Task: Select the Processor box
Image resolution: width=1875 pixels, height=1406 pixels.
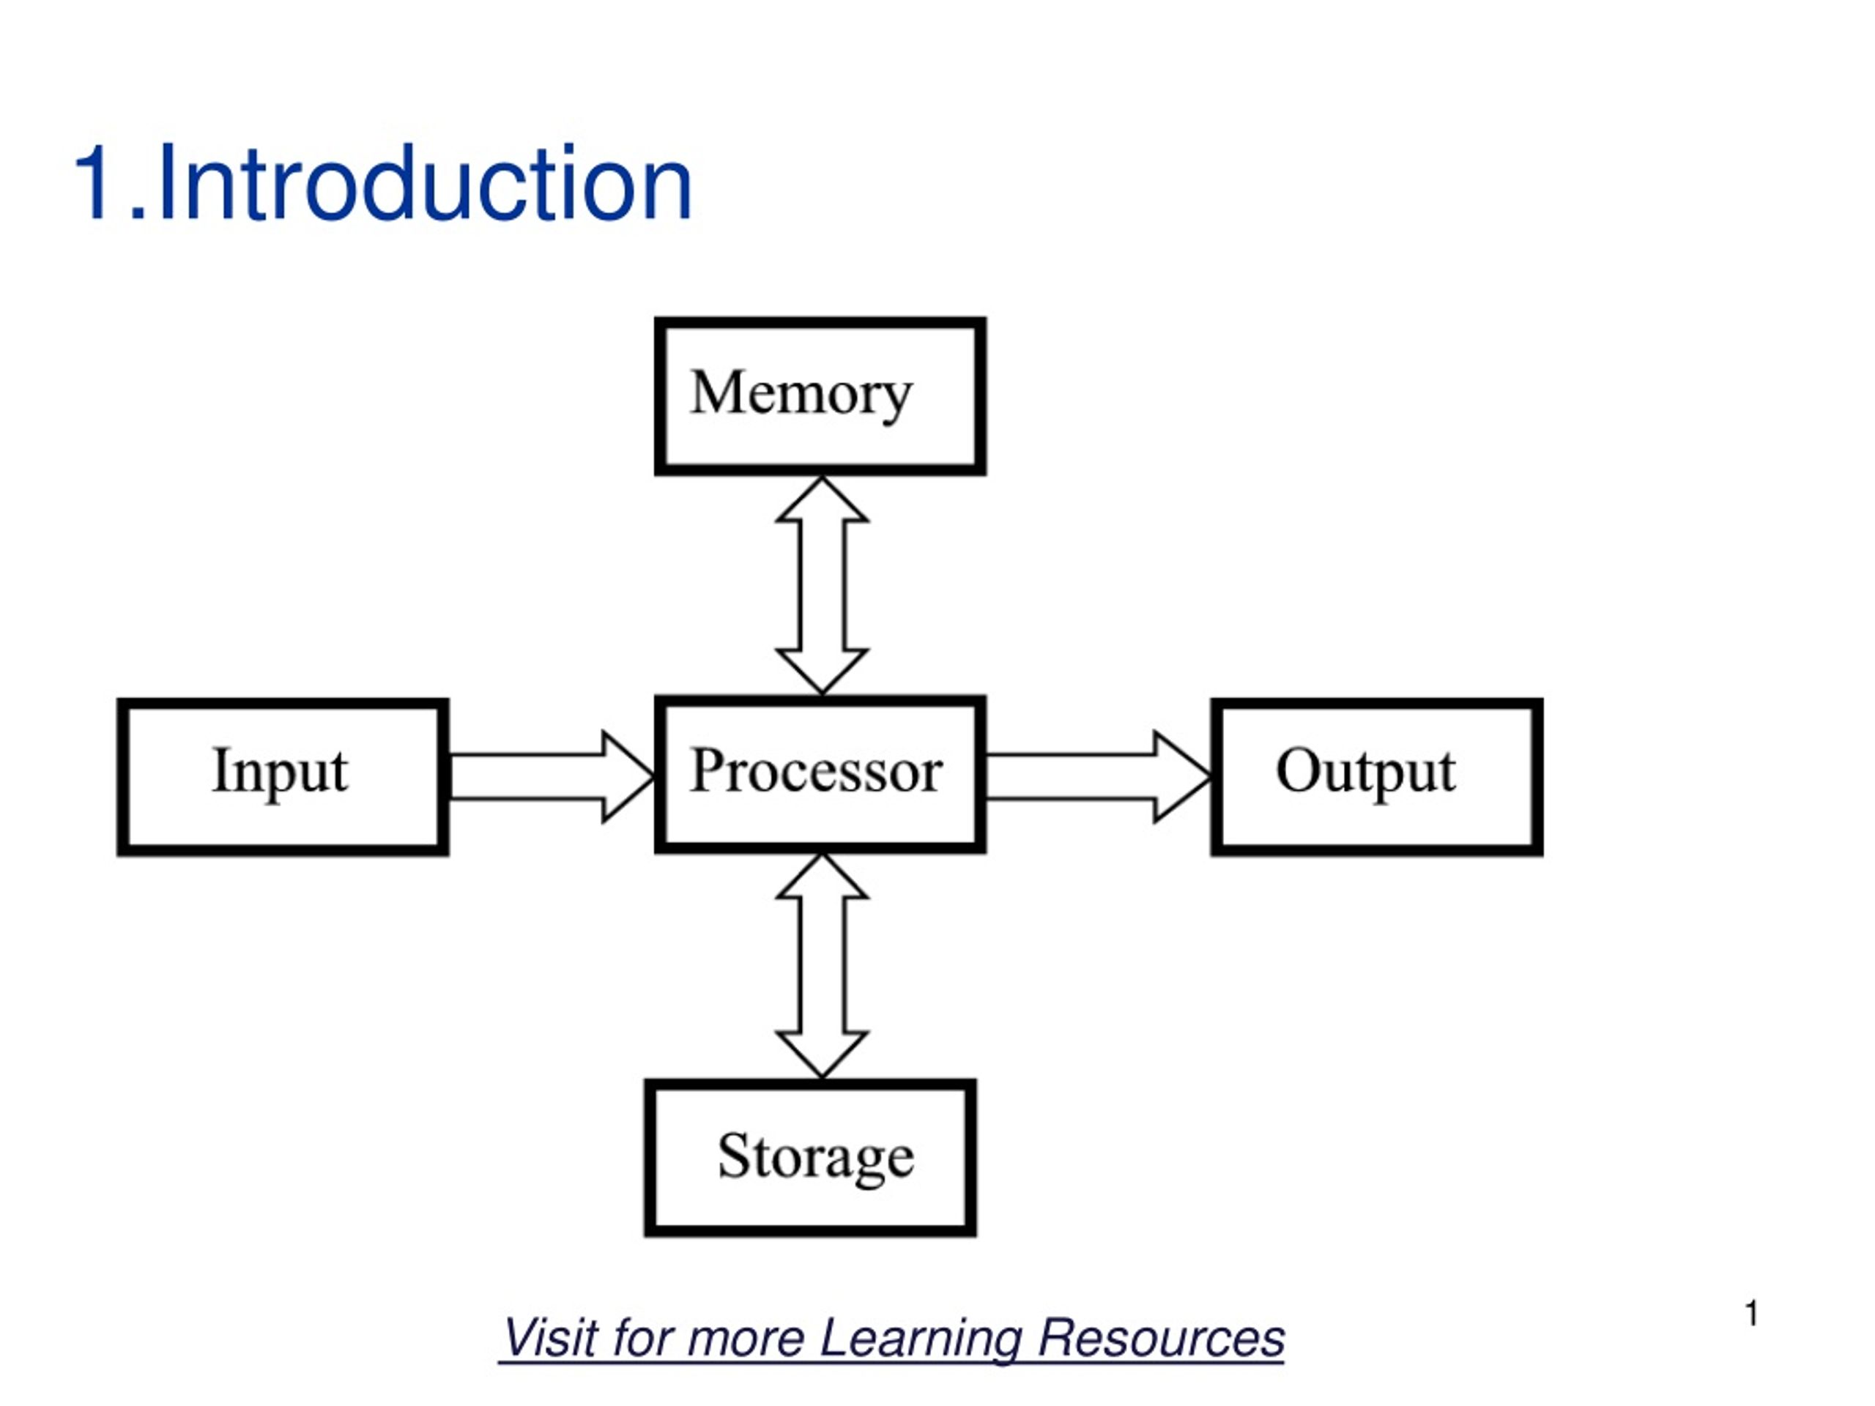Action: (x=820, y=775)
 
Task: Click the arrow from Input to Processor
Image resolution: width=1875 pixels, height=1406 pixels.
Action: (x=552, y=776)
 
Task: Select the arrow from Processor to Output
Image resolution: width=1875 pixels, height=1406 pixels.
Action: (x=1099, y=776)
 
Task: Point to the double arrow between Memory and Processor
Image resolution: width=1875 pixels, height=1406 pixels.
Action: (x=823, y=586)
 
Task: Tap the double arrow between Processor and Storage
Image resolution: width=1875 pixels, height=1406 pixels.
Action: (x=823, y=966)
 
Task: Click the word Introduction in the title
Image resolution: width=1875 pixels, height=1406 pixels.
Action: (x=424, y=183)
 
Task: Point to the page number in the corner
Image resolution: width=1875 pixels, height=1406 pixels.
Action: (x=1752, y=1313)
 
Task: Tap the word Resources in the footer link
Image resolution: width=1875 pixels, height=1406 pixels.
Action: (x=1162, y=1337)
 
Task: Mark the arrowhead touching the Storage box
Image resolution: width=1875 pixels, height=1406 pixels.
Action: (x=823, y=1054)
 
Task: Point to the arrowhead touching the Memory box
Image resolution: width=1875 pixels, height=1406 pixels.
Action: (x=823, y=500)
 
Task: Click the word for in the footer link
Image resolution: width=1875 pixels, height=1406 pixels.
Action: (x=642, y=1337)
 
